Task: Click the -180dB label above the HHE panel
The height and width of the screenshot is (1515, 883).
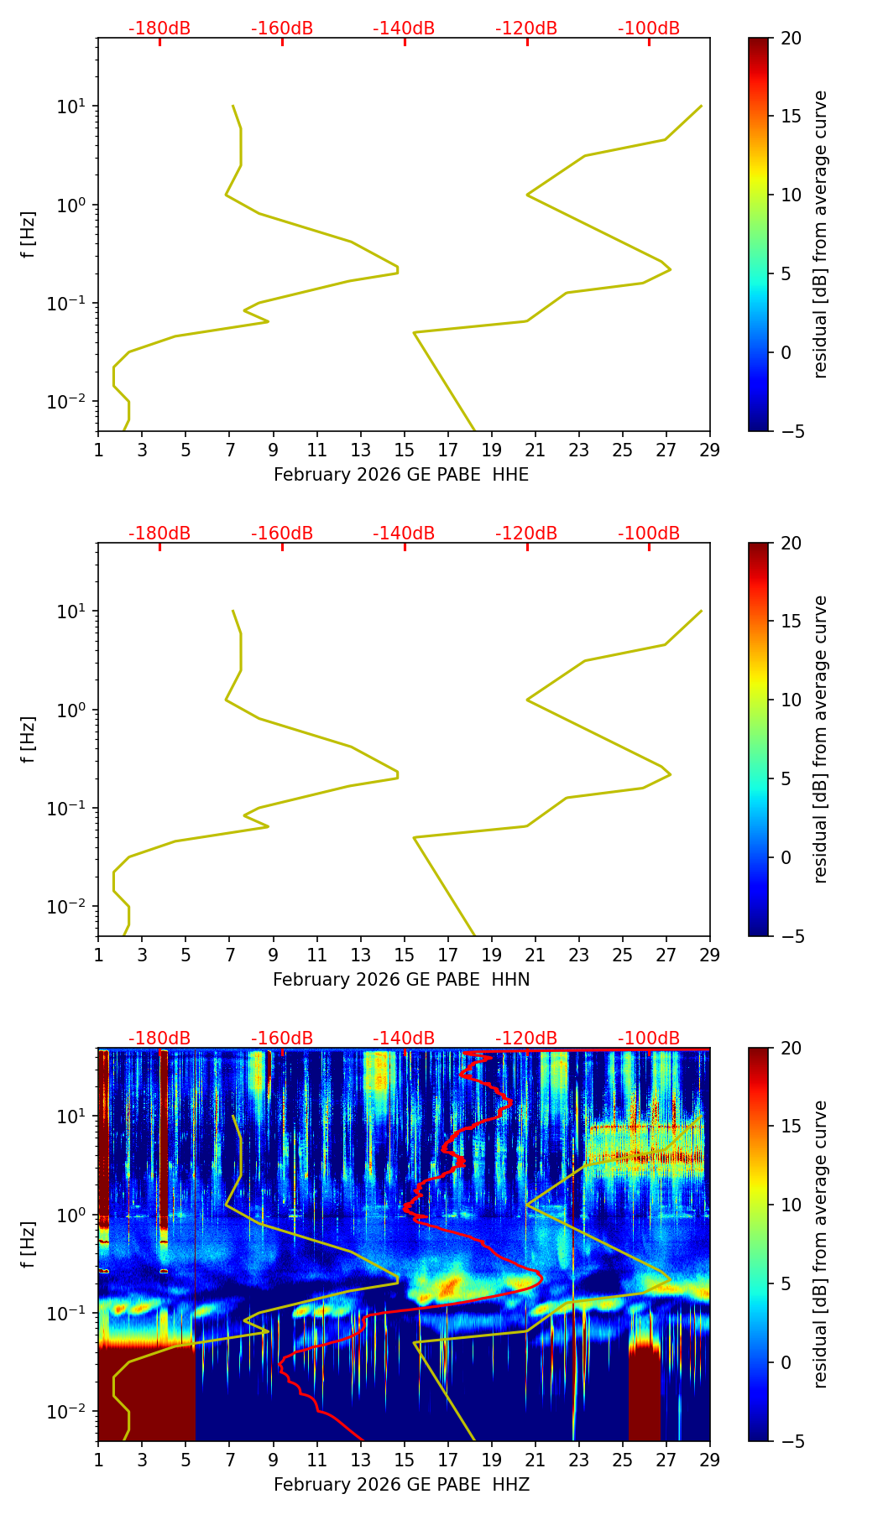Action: [159, 29]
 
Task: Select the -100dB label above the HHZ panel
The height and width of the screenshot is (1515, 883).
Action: [649, 1039]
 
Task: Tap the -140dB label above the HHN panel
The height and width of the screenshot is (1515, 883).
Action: [404, 534]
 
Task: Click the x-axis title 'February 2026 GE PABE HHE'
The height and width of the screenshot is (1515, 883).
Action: [401, 475]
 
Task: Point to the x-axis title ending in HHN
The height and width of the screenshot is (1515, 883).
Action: [401, 980]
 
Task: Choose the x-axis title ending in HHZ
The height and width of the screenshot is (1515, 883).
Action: [401, 1485]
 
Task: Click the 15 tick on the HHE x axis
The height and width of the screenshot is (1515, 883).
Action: [405, 450]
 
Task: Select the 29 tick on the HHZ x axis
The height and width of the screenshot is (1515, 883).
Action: [710, 1460]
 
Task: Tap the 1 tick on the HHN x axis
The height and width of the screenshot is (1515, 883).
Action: [98, 955]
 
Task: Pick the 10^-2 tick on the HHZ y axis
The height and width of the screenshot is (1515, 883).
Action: [66, 1413]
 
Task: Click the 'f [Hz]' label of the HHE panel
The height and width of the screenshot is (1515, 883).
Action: [29, 235]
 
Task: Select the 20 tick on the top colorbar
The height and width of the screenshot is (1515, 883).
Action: [791, 38]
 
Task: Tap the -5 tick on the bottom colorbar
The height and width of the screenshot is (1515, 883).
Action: [791, 1441]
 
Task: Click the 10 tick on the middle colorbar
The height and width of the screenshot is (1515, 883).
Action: [791, 700]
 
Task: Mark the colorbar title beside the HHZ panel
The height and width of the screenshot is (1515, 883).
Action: [820, 1244]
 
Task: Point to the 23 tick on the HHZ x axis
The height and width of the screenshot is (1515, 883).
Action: [579, 1460]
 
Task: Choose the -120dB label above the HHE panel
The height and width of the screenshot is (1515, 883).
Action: [526, 29]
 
